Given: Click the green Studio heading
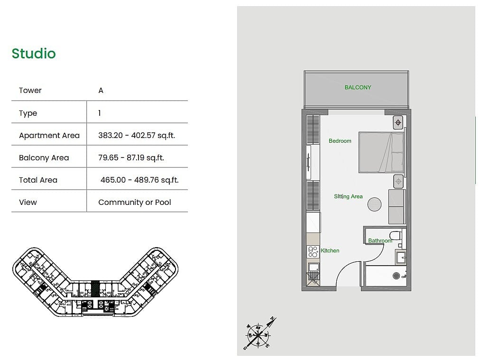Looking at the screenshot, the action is point(34,54).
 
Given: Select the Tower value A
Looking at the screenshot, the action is point(101,90).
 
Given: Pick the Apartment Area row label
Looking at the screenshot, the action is point(49,135).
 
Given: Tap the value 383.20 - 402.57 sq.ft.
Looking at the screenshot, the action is point(137,135).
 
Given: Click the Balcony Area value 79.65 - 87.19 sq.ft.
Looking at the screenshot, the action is point(131,157).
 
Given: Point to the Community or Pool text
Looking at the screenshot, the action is point(135,203).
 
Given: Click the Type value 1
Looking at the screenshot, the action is point(100,113).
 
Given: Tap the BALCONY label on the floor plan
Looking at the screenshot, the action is point(358,88).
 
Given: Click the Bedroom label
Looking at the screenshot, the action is point(340,141).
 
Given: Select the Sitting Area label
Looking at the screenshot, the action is point(348,196).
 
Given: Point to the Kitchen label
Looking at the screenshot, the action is point(330,251).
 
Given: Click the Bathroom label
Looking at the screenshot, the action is point(380,240).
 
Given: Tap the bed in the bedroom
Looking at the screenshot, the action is point(381,152).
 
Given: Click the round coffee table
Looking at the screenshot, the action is point(374,204).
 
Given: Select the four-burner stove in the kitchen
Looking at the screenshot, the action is point(313,252).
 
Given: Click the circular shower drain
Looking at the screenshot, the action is point(396,276).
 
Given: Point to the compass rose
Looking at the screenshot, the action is point(259,334).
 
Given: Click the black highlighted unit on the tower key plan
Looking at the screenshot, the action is point(95,288).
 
